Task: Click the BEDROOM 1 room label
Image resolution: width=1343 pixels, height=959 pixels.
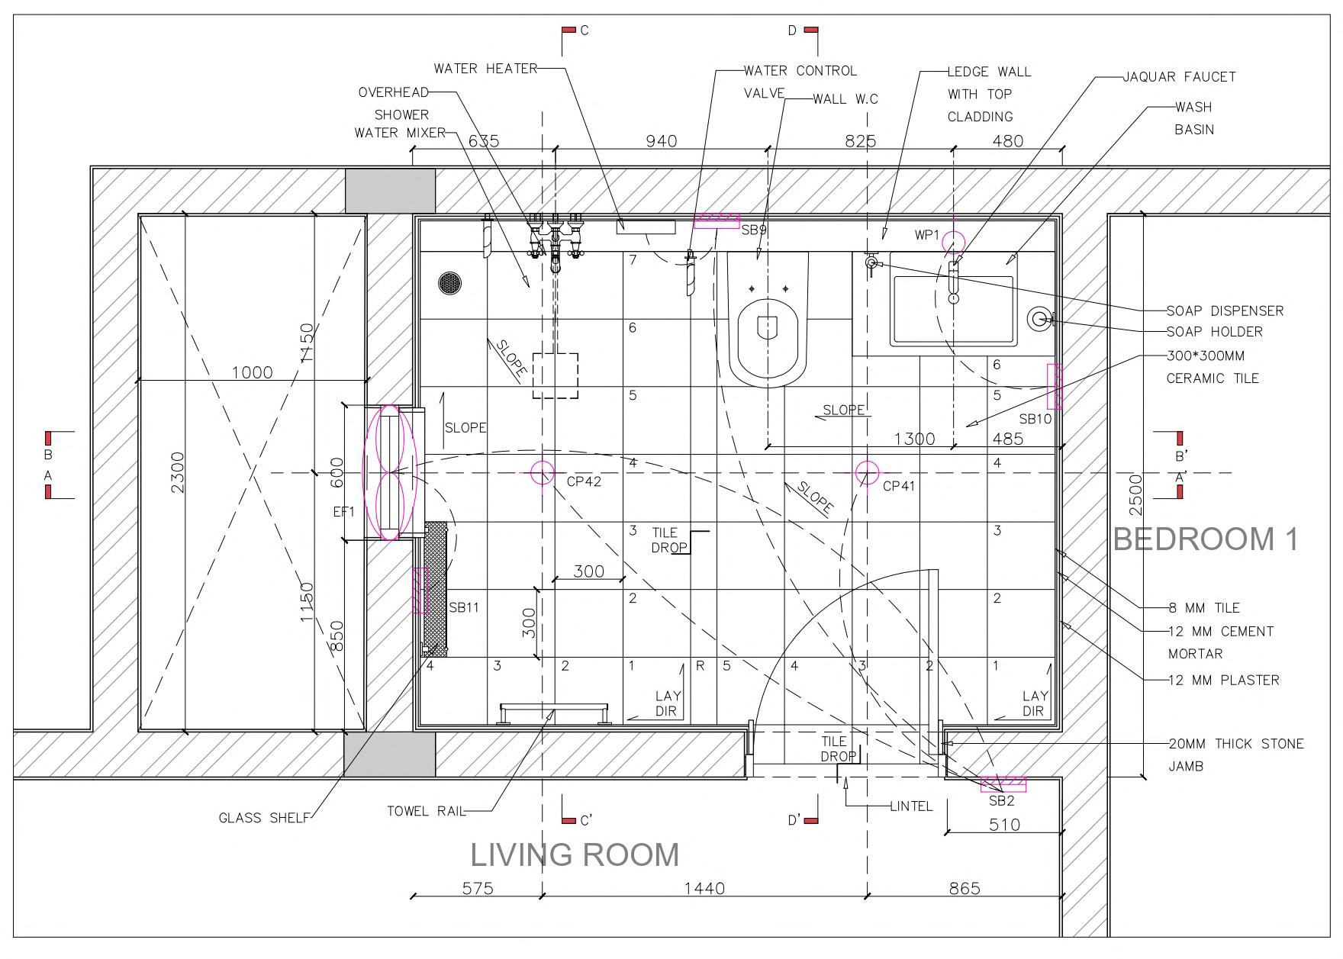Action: coord(1206,539)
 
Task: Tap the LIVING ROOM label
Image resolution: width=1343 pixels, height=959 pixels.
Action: coord(575,854)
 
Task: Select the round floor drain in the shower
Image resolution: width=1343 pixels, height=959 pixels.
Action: coord(450,282)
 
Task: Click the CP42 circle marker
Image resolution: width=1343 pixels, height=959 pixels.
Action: coord(543,473)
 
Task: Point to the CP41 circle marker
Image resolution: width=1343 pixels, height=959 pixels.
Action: coord(867,473)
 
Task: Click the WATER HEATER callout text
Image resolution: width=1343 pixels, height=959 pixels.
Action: coord(486,69)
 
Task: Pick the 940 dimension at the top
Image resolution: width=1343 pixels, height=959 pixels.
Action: coord(662,141)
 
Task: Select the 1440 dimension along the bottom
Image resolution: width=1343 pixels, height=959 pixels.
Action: coord(704,888)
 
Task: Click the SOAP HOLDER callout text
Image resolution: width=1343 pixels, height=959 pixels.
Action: coord(1215,332)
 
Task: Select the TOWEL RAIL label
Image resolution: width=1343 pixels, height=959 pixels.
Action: coord(426,811)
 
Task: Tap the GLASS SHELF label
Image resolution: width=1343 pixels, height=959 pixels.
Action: coord(264,818)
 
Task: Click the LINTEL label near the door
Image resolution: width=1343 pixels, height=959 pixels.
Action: coord(911,806)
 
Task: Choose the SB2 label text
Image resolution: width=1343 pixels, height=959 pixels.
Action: coord(1001,801)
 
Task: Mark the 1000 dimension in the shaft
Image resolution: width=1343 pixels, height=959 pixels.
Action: coord(252,372)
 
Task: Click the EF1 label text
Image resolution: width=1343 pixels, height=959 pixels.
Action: coord(344,513)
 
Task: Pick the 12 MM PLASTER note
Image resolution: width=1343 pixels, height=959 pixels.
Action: coord(1224,681)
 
